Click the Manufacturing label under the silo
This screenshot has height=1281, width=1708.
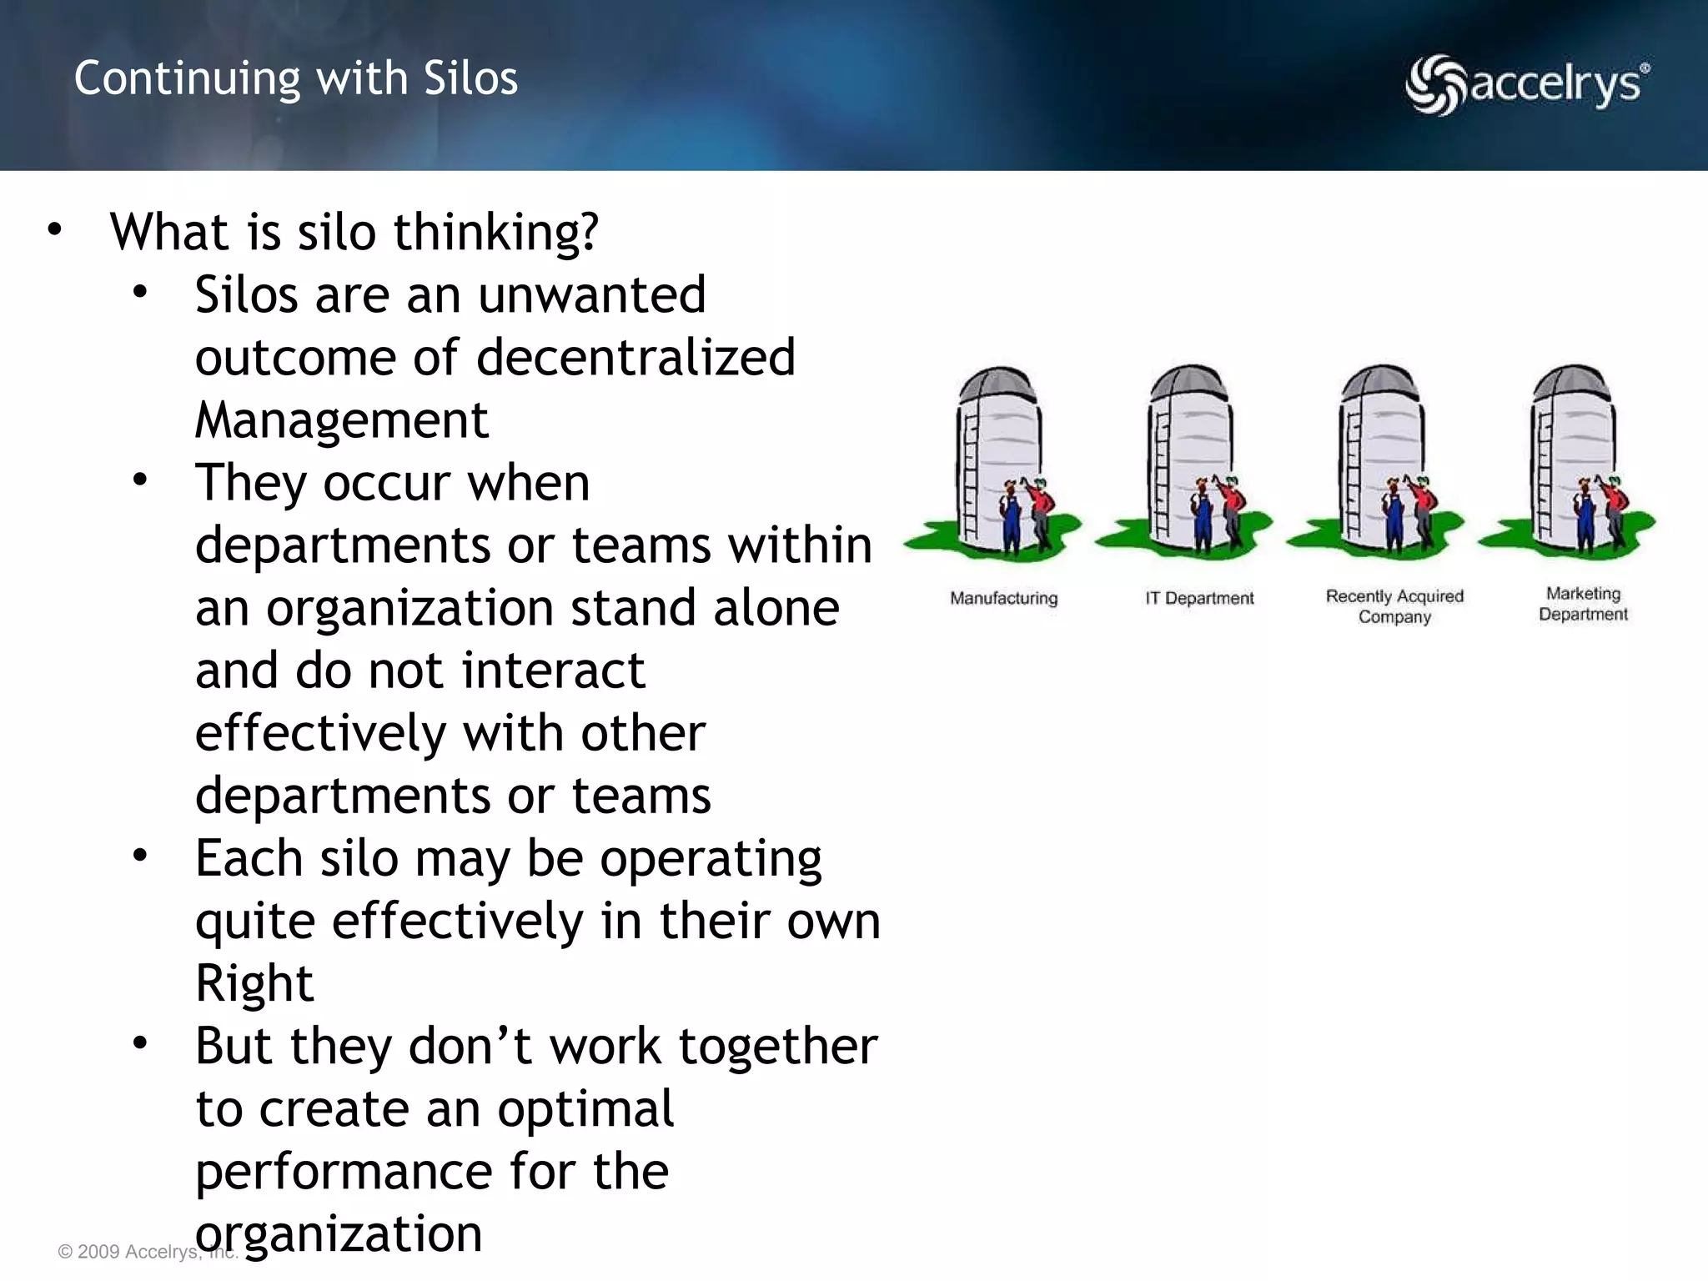1003,598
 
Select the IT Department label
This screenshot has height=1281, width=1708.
1199,598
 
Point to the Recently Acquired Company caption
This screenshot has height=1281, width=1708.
1394,606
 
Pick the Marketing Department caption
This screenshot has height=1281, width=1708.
1583,604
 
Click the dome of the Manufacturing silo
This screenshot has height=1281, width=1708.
998,385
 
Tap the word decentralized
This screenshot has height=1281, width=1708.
635,358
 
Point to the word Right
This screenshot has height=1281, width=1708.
254,983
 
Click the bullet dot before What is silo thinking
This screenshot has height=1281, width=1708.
55,229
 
